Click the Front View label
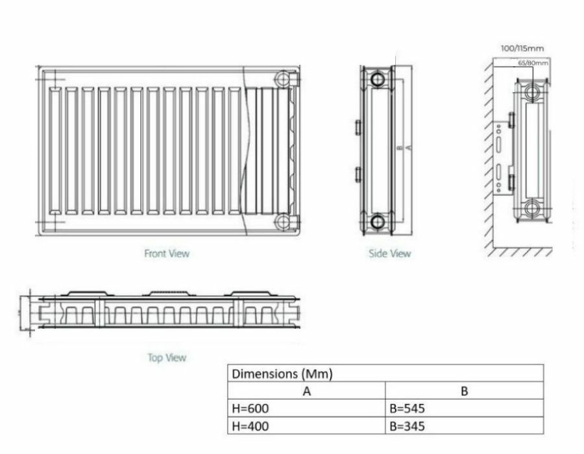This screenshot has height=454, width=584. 167,254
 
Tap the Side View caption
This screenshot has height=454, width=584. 389,254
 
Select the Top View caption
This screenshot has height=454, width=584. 167,357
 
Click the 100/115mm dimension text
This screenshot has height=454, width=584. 522,48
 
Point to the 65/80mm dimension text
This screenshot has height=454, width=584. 533,63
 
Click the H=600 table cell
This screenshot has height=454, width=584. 250,409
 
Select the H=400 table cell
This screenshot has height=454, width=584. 250,425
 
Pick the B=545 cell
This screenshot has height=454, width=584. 407,409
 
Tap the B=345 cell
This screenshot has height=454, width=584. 407,425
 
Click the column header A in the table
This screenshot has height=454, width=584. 306,391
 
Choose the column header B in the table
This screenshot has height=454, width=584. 463,391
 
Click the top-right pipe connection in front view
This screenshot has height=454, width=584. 284,80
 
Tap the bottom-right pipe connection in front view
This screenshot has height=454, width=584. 284,222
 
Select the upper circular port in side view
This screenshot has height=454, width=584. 378,80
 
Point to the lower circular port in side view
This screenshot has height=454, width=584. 378,222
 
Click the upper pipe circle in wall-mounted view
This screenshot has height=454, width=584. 533,91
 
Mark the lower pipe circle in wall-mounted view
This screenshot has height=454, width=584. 533,209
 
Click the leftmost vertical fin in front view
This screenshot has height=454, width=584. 55,149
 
